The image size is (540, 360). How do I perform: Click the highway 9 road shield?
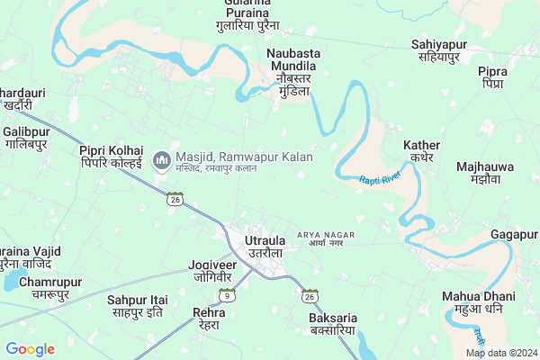(x=229, y=295)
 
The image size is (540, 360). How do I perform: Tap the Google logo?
(x=30, y=349)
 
